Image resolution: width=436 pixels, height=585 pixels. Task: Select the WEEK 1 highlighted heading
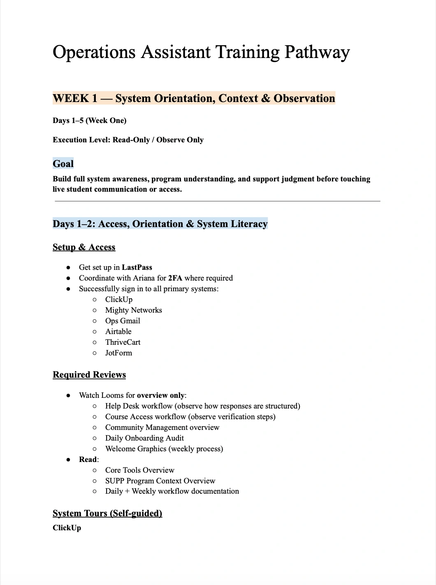194,98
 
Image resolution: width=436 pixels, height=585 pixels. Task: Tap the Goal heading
63,164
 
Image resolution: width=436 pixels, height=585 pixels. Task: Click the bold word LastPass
137,267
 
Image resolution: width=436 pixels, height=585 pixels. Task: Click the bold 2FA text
175,278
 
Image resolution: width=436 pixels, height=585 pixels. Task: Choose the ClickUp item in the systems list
119,299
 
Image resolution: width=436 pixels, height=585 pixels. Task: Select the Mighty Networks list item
133,310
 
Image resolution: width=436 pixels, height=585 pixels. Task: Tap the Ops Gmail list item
123,321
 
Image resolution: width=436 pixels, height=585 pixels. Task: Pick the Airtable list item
118,332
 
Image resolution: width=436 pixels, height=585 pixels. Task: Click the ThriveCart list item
123,342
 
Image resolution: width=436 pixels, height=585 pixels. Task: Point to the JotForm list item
118,353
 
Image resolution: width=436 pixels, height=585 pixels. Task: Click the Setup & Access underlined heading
84,247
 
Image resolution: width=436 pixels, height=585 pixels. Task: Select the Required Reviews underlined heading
89,375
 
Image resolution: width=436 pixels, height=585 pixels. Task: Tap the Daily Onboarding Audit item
144,438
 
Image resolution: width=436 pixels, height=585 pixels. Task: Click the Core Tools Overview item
139,470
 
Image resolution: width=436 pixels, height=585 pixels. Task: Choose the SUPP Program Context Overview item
160,481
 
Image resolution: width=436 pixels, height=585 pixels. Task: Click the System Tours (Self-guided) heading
107,513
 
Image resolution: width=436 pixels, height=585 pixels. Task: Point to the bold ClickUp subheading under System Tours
67,528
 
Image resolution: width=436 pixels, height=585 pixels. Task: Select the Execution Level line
128,140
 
